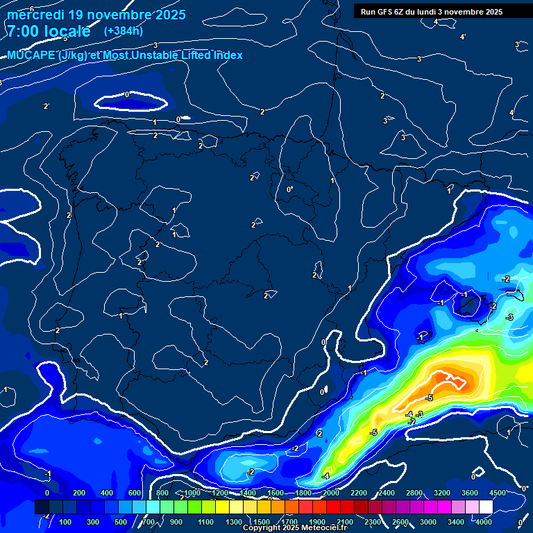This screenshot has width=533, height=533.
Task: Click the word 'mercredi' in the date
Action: click(x=35, y=15)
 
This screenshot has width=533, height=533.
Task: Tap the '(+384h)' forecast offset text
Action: click(x=123, y=31)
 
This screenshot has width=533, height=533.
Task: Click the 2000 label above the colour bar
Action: click(x=330, y=493)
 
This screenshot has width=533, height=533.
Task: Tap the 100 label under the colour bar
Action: click(x=66, y=522)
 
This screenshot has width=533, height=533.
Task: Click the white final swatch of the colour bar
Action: click(x=486, y=507)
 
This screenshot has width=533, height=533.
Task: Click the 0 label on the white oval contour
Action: click(x=127, y=94)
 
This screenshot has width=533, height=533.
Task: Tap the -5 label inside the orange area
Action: click(x=429, y=398)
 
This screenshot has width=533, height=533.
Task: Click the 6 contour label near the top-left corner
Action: click(x=32, y=9)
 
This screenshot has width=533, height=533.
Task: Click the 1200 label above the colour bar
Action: click(x=219, y=493)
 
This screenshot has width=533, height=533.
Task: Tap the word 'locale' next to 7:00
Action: click(x=67, y=31)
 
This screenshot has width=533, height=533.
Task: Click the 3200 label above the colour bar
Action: click(x=441, y=493)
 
